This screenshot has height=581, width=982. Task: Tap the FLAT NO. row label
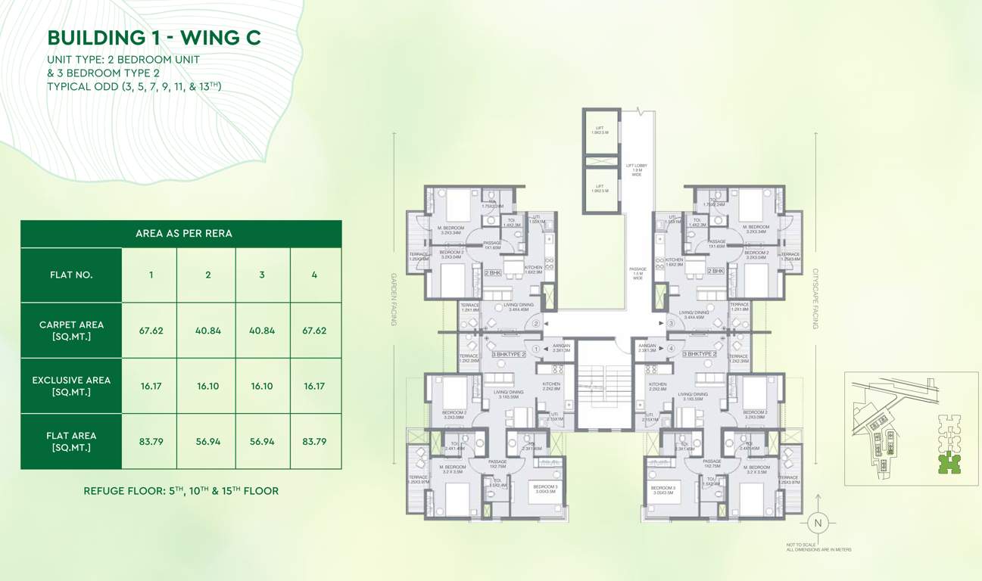(x=71, y=275)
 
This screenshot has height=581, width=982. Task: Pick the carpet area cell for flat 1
(x=151, y=331)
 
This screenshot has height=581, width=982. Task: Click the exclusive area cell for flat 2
(x=207, y=386)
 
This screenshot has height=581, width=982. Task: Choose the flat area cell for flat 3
(x=262, y=441)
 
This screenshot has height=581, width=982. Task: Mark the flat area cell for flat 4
(x=315, y=441)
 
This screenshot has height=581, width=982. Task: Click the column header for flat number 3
(x=262, y=275)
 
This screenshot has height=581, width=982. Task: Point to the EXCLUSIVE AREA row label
(x=71, y=386)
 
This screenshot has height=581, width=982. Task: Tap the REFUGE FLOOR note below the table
(x=181, y=491)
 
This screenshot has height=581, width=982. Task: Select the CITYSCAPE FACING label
(x=816, y=298)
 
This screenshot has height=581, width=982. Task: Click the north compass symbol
(x=817, y=522)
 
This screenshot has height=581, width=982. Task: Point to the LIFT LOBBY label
(x=636, y=170)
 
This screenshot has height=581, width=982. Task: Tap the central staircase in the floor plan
(x=604, y=386)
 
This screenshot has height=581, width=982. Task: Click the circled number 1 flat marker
(x=536, y=349)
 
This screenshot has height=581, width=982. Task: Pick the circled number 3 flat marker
(x=671, y=324)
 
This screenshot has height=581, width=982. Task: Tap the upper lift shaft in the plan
(x=601, y=133)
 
